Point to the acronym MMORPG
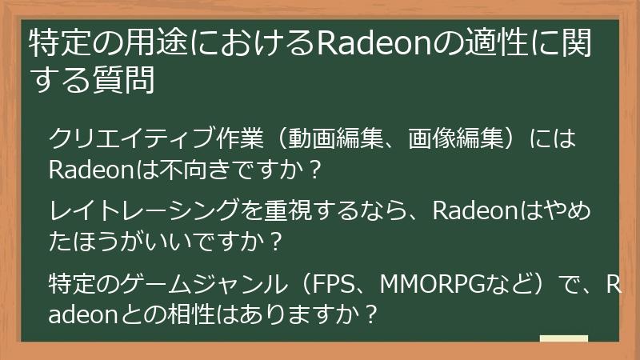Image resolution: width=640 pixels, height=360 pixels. coord(424,283)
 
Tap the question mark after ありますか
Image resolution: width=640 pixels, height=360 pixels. coord(370,314)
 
